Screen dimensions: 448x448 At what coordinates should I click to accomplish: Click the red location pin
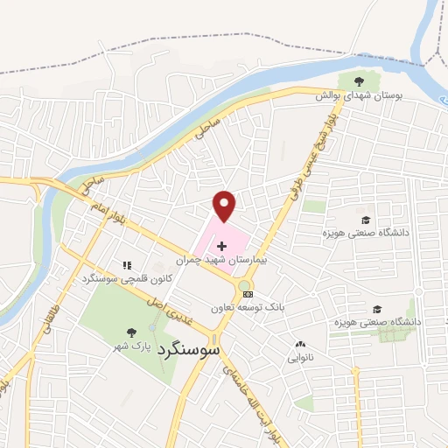pos(225,206)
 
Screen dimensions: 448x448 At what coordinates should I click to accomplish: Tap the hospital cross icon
pos(221,248)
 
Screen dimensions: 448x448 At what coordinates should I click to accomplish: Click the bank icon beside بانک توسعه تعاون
pos(248,294)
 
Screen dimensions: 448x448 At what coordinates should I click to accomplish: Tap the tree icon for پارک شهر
pos(131,332)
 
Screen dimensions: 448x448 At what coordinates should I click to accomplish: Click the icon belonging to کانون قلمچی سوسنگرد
pos(127,265)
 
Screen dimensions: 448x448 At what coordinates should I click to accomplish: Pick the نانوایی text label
pos(301,358)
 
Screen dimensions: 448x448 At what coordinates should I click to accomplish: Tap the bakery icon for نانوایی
pos(301,345)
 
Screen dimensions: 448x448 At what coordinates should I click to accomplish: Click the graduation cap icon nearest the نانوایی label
pos(377,309)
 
